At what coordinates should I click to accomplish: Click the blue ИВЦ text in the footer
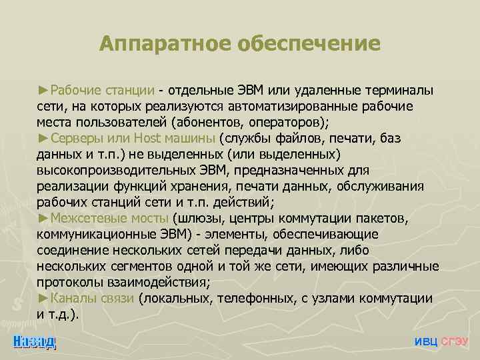tap(426, 341)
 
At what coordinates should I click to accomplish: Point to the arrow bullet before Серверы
tap(43, 138)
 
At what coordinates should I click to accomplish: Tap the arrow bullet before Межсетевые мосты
tap(43, 218)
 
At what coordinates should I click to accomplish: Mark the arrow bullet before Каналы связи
tap(43, 298)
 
